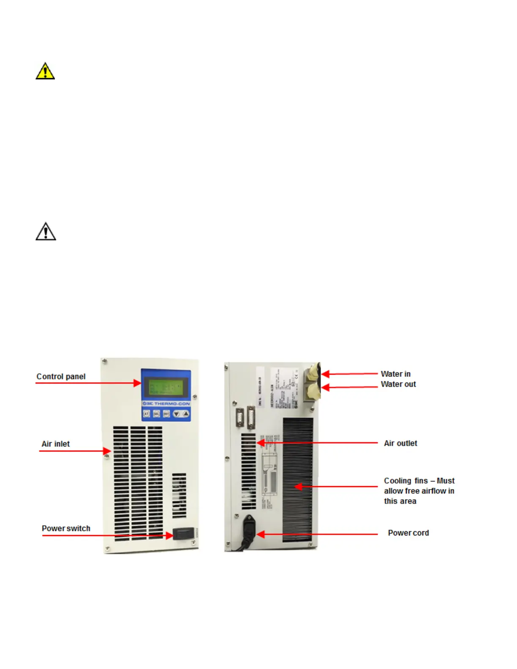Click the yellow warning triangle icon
coord(45,71)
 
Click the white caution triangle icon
coord(46,231)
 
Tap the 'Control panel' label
coord(61,376)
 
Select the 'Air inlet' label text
coord(55,444)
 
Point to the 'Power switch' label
coord(66,528)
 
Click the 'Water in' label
coord(395,374)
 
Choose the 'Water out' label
coord(398,384)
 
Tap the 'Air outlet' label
coord(400,443)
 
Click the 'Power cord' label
coord(408,533)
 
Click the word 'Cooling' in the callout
coord(397,481)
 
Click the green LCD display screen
coord(166,386)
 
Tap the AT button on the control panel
coord(146,414)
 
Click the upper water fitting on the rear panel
coord(313,373)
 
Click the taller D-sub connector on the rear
coord(251,418)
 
